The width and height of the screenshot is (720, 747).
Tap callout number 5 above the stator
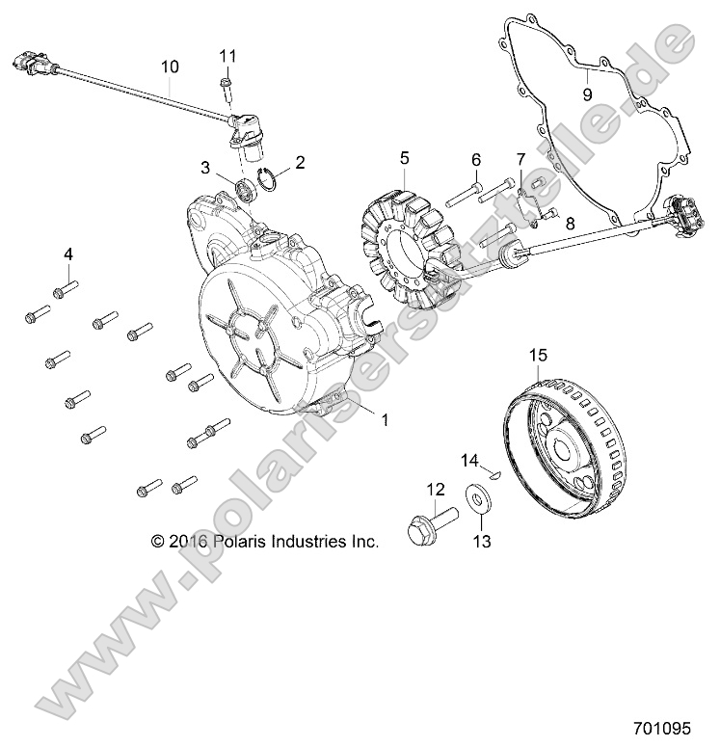tap(405, 157)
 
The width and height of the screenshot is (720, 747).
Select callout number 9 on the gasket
tap(586, 93)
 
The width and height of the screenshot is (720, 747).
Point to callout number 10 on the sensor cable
tap(170, 67)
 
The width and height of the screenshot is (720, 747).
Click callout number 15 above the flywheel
tap(537, 356)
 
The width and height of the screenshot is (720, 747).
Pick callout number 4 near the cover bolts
tap(67, 254)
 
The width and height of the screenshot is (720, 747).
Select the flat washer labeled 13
tap(476, 497)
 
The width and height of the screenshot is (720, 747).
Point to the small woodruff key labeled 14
tap(493, 474)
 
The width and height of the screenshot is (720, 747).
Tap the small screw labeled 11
tap(225, 88)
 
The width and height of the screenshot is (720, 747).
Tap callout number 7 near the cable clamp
tap(520, 158)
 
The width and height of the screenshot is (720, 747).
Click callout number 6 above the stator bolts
tap(475, 159)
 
